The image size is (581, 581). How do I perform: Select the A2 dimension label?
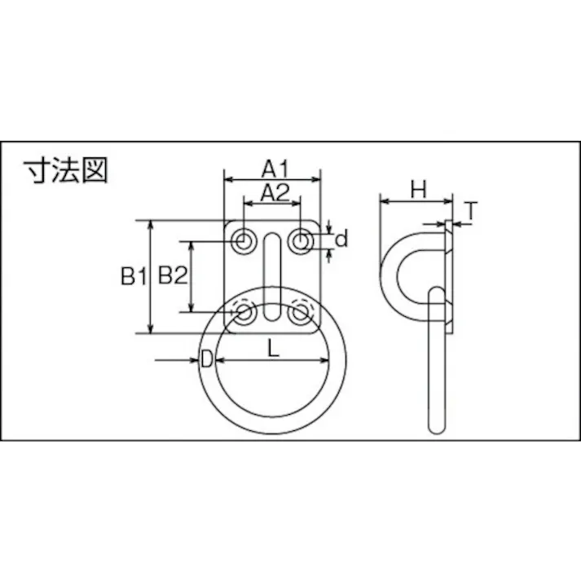click(274, 192)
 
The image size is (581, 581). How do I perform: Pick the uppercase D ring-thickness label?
click(207, 359)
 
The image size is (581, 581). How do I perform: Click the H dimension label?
click(418, 190)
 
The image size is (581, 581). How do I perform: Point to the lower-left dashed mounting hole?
click(244, 312)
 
